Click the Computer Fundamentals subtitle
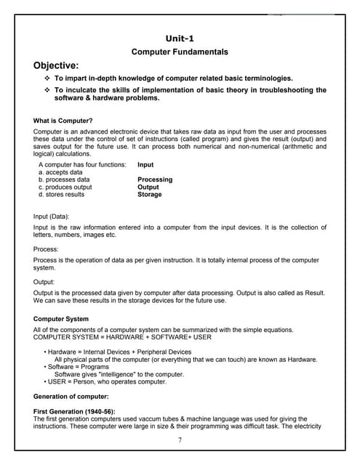pos(179,52)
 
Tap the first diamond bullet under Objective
pos(47,78)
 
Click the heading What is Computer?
pos(63,120)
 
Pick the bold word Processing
pos(155,179)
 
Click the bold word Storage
pos(149,195)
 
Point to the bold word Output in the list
pos(148,187)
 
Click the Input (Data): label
pos(54,217)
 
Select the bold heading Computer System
pos(61,318)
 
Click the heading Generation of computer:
pos(71,396)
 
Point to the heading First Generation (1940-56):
pos(75,411)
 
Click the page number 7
pos(179,440)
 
